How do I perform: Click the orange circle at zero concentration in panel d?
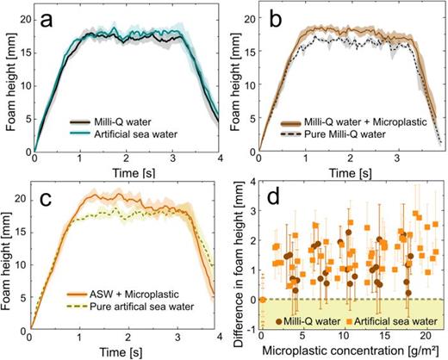click(261, 299)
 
